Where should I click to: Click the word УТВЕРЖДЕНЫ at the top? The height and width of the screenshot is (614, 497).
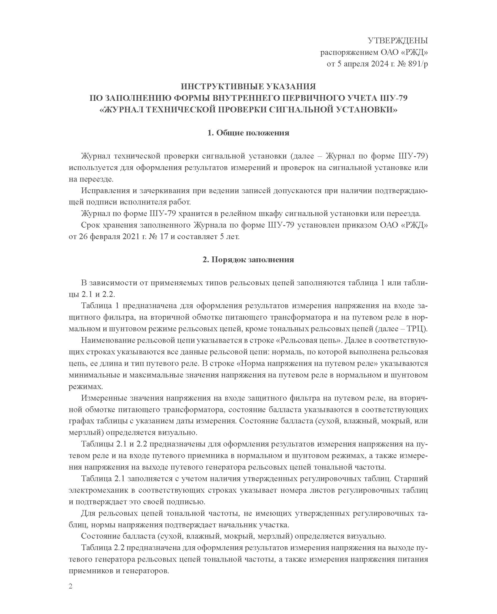click(x=398, y=41)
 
